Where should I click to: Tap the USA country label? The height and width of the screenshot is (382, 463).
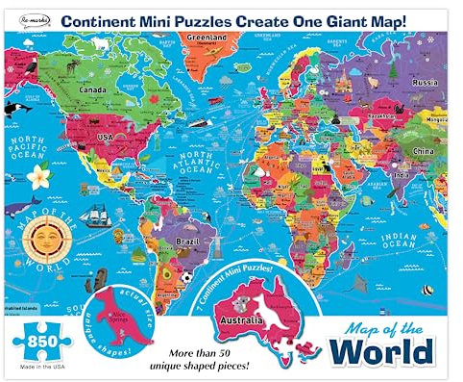[x=98, y=137]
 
